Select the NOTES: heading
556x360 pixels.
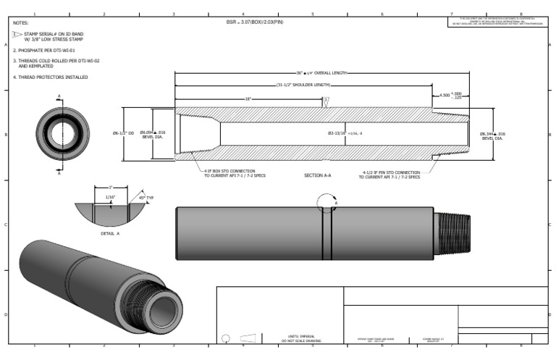coord(20,23)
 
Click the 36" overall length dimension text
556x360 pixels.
coord(322,73)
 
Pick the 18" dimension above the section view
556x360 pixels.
coord(248,99)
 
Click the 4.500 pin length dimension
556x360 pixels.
coord(451,95)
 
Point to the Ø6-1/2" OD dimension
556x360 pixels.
coord(124,133)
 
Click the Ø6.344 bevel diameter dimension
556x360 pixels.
coord(493,135)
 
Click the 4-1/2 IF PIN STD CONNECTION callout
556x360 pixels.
coord(391,174)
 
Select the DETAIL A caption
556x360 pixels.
coord(110,233)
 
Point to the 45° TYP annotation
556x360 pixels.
coord(147,197)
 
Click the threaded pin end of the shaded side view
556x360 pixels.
coord(452,233)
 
